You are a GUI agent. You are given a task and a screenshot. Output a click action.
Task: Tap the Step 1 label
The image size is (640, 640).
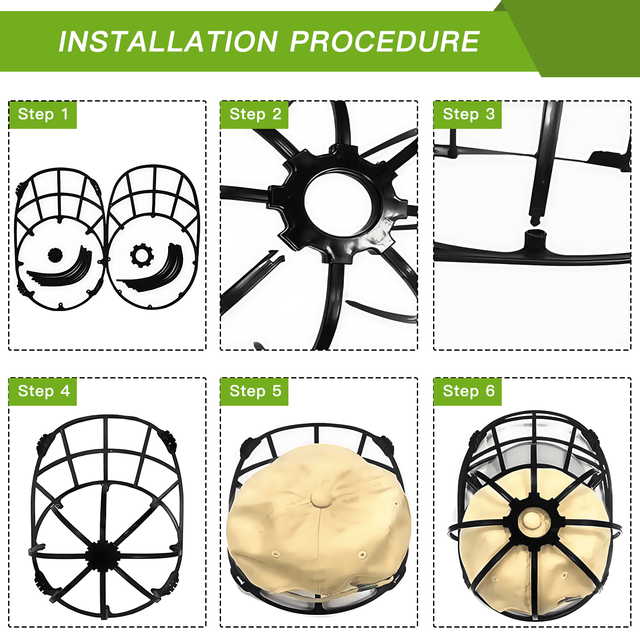(x=43, y=114)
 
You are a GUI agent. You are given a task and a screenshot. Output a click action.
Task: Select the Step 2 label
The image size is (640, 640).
(x=255, y=114)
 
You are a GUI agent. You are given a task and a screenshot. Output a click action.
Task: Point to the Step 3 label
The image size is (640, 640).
(x=468, y=114)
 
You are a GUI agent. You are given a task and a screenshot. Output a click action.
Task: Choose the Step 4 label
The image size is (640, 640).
(x=43, y=391)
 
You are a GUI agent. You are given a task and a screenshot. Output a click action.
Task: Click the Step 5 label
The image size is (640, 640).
(x=255, y=391)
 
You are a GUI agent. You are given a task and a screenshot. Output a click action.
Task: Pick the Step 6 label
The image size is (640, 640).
(x=468, y=391)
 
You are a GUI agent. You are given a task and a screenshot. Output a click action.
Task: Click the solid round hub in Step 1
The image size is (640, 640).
(x=55, y=255)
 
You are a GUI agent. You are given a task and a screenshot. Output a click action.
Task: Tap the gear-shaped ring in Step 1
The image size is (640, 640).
(x=142, y=256)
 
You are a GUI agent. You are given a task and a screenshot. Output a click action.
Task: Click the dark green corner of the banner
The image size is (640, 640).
(x=585, y=38)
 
